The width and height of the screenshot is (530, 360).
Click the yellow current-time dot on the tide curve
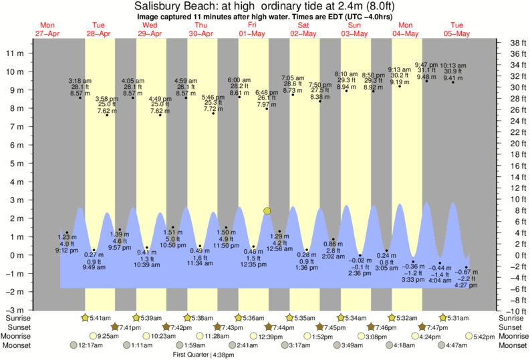(267, 211)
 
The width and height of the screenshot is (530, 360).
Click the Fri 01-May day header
(252, 29)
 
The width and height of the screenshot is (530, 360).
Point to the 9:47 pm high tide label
(426, 64)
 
